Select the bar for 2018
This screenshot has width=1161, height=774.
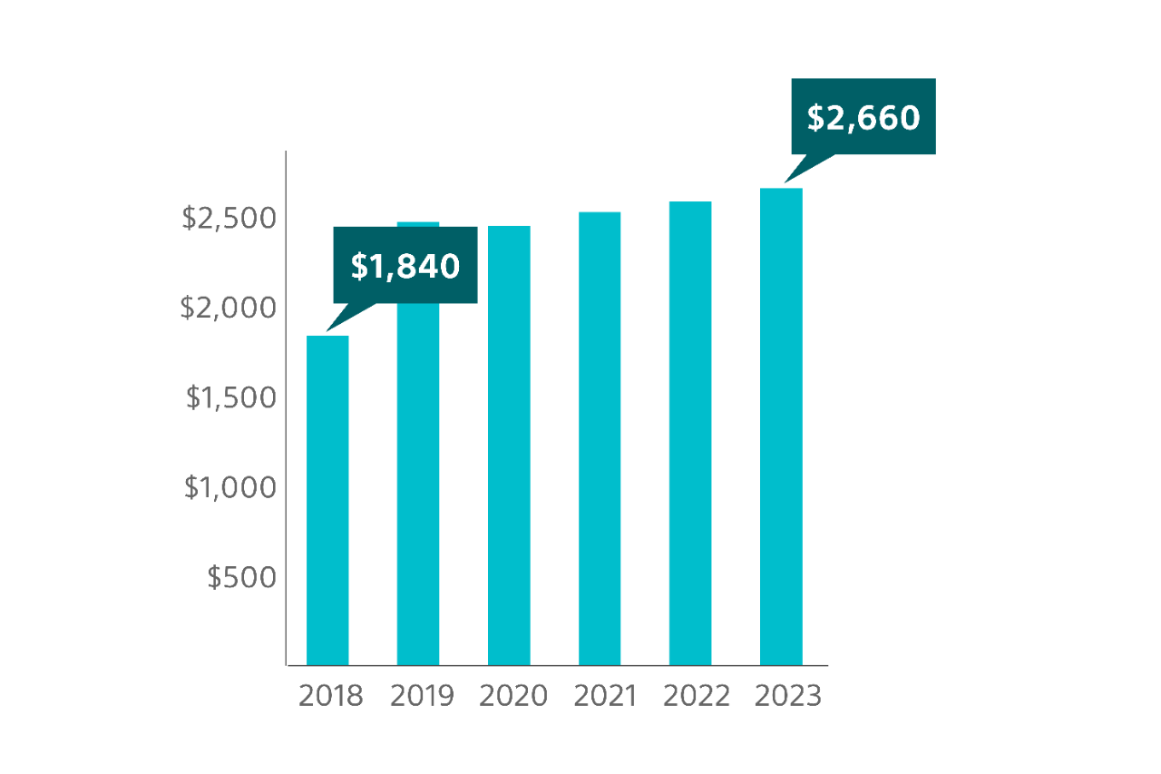(327, 499)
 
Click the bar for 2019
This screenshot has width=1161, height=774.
(418, 481)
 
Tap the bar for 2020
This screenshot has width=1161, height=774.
(509, 445)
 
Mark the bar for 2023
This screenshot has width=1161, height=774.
(781, 426)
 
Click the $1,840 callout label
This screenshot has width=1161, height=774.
(405, 265)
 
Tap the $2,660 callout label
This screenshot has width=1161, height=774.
(863, 117)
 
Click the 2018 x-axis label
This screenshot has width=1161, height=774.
(330, 696)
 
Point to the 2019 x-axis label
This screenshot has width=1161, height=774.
(422, 696)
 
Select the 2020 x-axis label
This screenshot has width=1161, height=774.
(512, 696)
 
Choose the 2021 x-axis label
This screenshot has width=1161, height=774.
(605, 696)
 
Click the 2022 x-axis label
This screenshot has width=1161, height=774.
(696, 696)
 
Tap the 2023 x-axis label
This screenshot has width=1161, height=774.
(787, 696)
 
